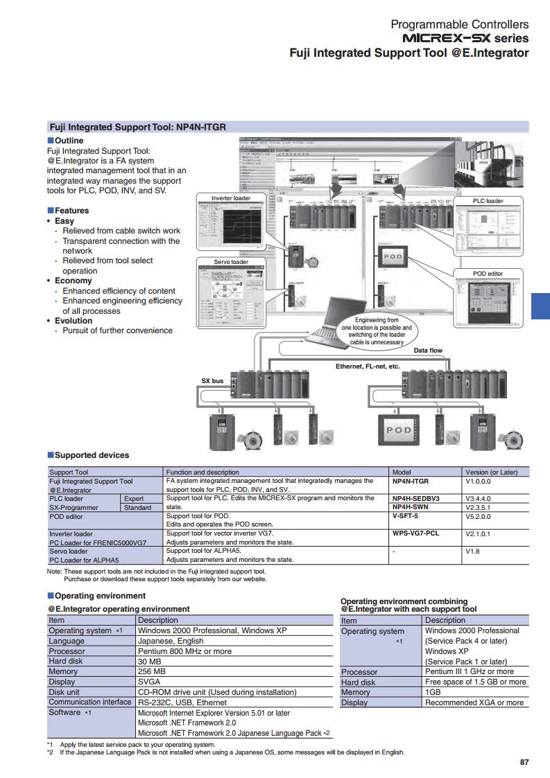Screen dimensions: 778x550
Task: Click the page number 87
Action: pos(524,762)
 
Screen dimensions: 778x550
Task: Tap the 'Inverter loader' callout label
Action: pos(231,198)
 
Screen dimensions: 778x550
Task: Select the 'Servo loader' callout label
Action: pos(231,262)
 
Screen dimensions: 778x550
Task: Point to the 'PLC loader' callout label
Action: pos(488,201)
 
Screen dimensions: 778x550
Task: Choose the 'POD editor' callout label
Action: pos(488,274)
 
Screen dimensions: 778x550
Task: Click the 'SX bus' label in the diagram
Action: pos(212,381)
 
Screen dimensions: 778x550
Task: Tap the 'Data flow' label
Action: pos(428,351)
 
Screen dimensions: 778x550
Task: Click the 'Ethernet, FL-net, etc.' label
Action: pos(368,366)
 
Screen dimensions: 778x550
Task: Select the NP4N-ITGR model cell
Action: pos(411,480)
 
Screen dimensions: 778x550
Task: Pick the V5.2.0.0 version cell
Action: pos(478,516)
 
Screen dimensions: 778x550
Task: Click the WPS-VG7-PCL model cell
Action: pos(415,533)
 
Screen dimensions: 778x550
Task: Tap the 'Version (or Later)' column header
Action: pos(492,472)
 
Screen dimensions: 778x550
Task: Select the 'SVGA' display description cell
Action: pos(149,682)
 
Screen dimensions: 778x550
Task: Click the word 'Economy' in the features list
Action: pos(74,281)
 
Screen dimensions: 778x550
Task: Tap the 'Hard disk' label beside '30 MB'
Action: pos(66,661)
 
